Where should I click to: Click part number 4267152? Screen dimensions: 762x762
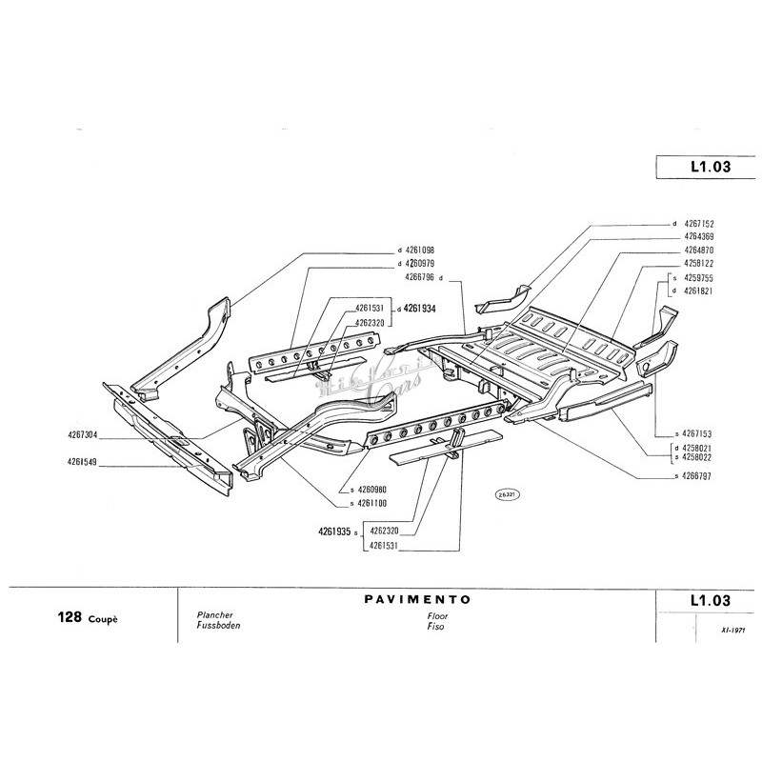click(x=700, y=224)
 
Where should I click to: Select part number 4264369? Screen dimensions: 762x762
click(x=700, y=236)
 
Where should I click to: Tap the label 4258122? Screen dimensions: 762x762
click(x=700, y=261)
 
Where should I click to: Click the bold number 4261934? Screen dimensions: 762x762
click(x=419, y=308)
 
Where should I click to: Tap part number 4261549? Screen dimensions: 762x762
click(x=87, y=462)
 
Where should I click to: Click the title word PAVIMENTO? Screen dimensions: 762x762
click(x=418, y=601)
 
